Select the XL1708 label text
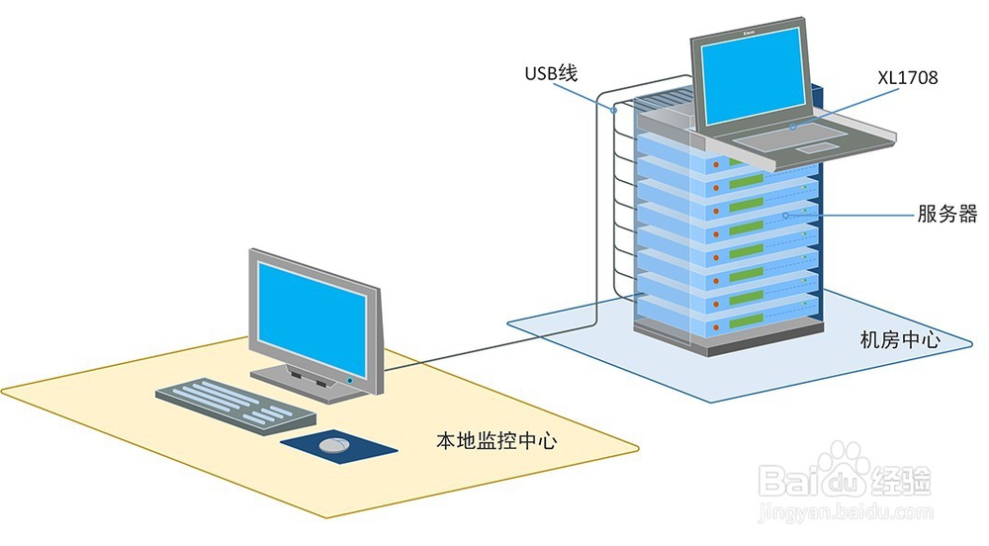click(906, 76)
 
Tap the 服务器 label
click(946, 214)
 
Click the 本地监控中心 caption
click(495, 440)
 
